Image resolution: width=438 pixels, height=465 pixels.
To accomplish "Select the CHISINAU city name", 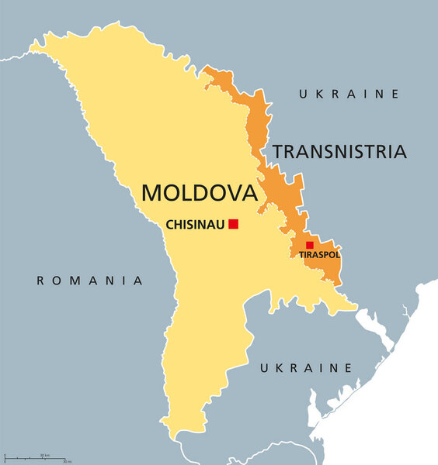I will point(195,225).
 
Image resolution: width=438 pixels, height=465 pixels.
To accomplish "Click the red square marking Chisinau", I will point(233,224).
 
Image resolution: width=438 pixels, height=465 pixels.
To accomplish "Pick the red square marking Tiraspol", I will point(310,245).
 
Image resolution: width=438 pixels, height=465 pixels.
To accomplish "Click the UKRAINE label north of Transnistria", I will point(349,94).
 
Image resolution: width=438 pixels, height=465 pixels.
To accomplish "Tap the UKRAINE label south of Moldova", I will point(306,367).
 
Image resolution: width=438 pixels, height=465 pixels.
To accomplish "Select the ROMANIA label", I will point(90,281).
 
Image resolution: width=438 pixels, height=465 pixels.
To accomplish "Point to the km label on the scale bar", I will point(47,455).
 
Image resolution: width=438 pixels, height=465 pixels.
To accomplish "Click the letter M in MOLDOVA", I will point(151,192).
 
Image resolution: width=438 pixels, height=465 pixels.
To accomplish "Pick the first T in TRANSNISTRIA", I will point(276,151).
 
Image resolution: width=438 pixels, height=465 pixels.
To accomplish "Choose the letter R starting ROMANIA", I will point(41,281).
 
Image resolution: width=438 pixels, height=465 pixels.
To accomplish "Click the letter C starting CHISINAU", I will point(170,225).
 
